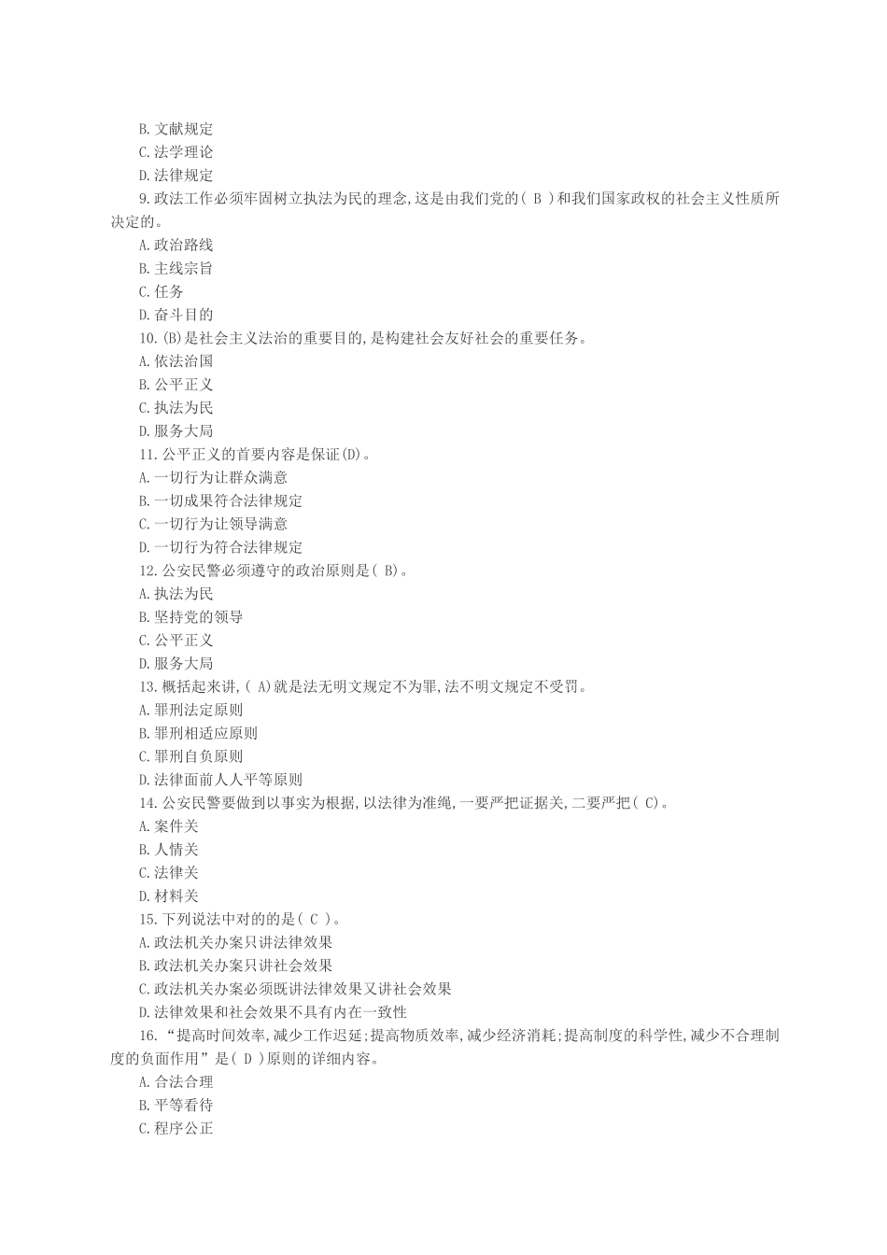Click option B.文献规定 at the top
[176, 129]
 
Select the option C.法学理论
[176, 152]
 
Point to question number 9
[144, 199]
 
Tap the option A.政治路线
[176, 245]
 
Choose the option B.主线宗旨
[176, 268]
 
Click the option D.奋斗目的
[176, 315]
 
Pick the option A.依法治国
[176, 361]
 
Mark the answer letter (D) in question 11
[350, 455]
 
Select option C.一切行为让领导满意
[213, 524]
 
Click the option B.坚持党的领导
[190, 617]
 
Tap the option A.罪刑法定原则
[190, 710]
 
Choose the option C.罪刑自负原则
[190, 756]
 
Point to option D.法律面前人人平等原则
[220, 780]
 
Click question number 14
[147, 803]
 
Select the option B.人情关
[168, 850]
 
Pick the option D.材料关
[168, 896]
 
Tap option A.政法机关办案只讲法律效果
[235, 942]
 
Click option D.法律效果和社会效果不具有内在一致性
[273, 1012]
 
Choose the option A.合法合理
[176, 1082]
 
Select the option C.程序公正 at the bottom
[176, 1128]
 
